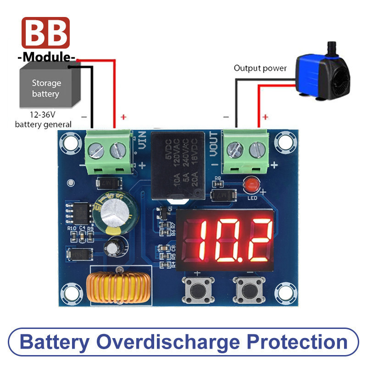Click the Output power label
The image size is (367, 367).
pyautogui.click(x=260, y=68)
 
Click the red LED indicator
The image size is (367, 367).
pyautogui.click(x=250, y=185)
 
